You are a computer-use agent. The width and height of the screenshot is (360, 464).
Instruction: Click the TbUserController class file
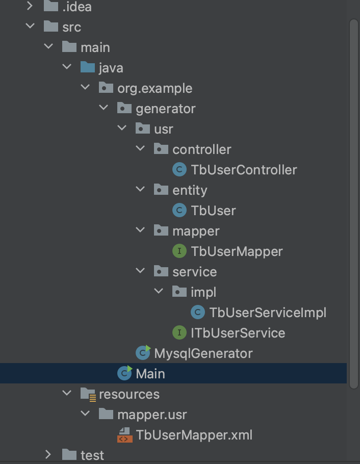click(244, 170)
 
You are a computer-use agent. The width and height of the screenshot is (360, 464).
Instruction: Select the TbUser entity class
click(213, 211)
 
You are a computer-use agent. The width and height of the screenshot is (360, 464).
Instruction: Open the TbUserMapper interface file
click(237, 251)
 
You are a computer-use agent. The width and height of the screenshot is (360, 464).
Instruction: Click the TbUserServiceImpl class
click(267, 313)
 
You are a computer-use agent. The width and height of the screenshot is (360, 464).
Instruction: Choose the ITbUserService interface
click(238, 333)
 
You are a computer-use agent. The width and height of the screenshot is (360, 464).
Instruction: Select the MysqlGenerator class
click(203, 353)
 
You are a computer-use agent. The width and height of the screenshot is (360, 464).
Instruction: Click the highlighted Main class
click(150, 374)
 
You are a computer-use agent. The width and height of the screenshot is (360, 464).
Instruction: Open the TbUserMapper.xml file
click(194, 435)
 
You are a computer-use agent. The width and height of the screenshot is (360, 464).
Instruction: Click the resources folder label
click(129, 394)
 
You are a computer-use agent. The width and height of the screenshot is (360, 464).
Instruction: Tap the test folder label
click(92, 455)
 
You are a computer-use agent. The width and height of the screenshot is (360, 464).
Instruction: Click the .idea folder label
click(77, 7)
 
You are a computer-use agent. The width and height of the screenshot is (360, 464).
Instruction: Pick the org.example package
click(155, 88)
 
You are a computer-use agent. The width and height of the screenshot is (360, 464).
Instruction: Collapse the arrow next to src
click(30, 27)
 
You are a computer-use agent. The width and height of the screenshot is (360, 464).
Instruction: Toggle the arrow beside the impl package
click(159, 292)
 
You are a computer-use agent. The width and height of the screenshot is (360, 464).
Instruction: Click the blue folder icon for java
click(88, 67)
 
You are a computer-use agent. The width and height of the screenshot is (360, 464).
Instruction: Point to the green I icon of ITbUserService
click(179, 333)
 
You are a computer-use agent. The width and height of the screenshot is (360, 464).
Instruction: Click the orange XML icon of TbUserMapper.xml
click(124, 435)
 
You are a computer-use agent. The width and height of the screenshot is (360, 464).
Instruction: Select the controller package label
click(201, 149)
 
